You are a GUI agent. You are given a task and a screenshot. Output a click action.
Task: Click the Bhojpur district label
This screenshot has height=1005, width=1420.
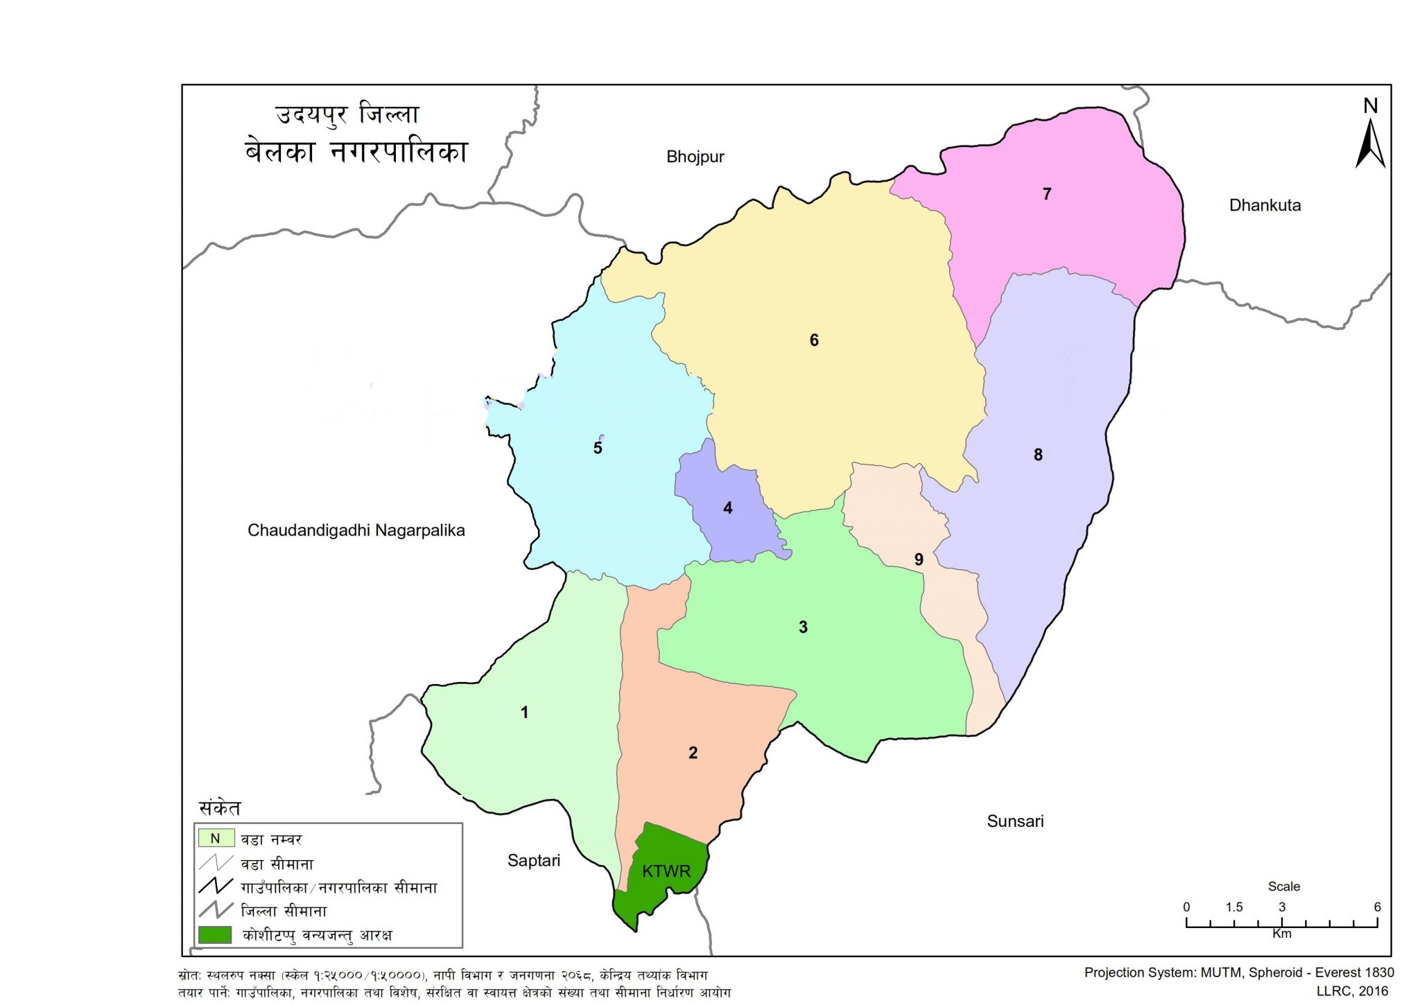pos(695,157)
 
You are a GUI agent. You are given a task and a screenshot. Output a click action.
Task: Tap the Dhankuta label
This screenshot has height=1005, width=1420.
pos(1265,205)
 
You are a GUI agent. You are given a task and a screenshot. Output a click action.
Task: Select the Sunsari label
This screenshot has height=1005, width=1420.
pos(1015,821)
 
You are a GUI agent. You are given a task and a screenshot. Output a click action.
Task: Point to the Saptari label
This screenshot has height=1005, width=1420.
pos(533,861)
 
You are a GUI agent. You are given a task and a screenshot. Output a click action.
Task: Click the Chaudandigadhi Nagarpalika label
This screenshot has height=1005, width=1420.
pos(356,530)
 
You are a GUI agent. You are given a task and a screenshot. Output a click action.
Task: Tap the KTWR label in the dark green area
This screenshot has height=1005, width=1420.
pos(666,871)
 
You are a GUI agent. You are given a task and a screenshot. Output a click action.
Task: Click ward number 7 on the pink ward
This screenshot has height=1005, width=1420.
pos(1047,194)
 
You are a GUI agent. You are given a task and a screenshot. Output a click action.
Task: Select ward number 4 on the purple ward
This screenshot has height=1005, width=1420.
pos(727,508)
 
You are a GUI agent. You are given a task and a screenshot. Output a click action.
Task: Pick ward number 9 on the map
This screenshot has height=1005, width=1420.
pos(919,559)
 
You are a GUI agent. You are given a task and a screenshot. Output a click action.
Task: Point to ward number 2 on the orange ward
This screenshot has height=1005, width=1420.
pos(693,753)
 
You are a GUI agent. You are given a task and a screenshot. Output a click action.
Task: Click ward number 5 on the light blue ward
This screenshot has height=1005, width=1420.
pos(598,448)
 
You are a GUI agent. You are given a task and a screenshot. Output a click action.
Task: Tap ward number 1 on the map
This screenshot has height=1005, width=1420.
pos(525,713)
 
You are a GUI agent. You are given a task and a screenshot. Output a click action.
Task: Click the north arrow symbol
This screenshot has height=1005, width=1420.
pos(1370,142)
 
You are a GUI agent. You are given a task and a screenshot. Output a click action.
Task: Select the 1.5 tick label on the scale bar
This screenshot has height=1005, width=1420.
pos(1234,907)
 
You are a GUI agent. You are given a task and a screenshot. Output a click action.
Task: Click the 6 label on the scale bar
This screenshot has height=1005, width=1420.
pos(1377,907)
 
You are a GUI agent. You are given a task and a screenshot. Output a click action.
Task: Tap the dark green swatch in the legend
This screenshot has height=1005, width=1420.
pos(215,934)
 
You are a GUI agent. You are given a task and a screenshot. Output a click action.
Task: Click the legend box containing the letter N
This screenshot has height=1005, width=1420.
pos(216,839)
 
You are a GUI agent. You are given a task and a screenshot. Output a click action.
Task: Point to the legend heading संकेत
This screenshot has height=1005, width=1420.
pos(220,808)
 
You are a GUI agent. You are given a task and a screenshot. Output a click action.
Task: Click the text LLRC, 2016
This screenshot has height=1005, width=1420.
pos(1351,991)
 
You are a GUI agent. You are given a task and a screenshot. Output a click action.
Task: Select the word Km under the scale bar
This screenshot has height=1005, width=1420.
pos(1281,934)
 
